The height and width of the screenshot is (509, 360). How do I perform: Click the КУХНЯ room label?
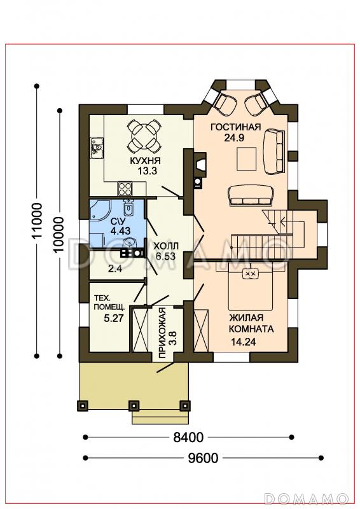click(146, 161)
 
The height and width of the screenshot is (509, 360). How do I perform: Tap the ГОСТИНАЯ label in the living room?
click(236, 127)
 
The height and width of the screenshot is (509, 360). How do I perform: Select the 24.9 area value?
click(234, 138)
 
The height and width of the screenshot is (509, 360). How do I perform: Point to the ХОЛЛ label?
click(166, 245)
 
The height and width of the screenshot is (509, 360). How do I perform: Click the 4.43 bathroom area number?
click(120, 231)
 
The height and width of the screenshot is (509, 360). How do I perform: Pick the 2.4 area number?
click(115, 268)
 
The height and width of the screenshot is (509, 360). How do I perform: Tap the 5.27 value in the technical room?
click(114, 317)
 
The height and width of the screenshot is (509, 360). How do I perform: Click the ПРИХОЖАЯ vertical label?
click(163, 333)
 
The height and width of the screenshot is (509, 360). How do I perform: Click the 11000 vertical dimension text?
click(37, 221)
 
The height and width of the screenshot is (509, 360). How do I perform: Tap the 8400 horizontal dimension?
click(188, 437)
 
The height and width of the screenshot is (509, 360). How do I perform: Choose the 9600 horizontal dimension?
click(203, 458)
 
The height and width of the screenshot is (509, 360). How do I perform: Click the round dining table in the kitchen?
click(144, 137)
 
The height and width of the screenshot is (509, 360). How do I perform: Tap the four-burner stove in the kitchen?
click(125, 189)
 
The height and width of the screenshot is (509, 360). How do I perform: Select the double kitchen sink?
click(97, 148)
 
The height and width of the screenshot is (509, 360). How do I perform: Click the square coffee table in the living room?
click(246, 158)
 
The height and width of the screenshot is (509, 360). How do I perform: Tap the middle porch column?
click(134, 405)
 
